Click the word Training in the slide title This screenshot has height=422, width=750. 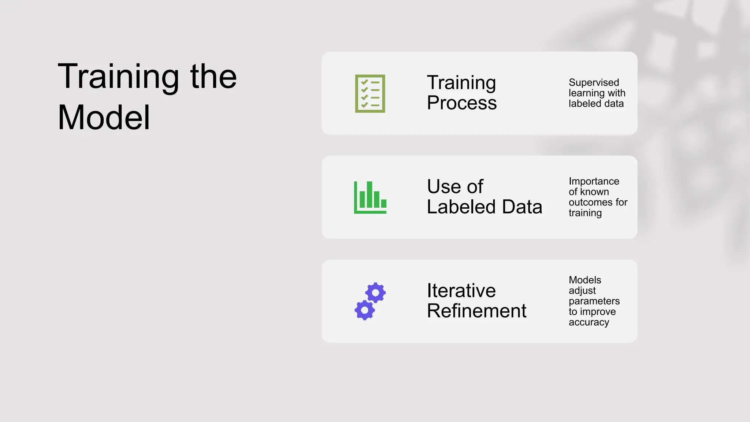[118, 77]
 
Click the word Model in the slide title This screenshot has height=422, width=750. [104, 118]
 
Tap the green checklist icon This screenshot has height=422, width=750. [370, 93]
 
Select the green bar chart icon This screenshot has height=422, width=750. [370, 197]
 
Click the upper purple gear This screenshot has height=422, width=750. [376, 292]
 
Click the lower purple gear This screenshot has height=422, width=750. [364, 310]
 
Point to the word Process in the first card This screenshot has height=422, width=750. [461, 103]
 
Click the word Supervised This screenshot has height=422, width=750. [594, 82]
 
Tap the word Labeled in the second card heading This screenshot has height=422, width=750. [461, 207]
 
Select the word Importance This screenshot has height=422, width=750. [594, 181]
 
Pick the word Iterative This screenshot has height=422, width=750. [461, 291]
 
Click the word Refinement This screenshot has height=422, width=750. [476, 311]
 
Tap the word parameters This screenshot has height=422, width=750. [594, 301]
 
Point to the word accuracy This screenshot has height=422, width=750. [589, 322]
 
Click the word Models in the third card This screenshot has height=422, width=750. [585, 280]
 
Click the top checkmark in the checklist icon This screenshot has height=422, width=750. [364, 82]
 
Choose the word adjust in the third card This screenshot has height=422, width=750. [582, 290]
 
